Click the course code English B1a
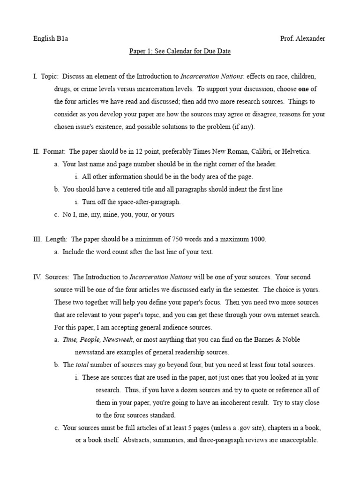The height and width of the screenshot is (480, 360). point(51,39)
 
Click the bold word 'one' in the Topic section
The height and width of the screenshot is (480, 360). point(304,88)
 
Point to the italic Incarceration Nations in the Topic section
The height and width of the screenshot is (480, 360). point(211,76)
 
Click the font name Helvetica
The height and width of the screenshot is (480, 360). point(294,151)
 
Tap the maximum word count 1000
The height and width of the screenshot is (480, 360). point(257,239)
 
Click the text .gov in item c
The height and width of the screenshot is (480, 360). point(242,428)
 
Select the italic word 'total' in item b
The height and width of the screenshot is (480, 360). point(82,365)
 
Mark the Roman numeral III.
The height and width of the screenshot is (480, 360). point(37,239)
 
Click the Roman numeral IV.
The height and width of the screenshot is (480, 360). point(37,277)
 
